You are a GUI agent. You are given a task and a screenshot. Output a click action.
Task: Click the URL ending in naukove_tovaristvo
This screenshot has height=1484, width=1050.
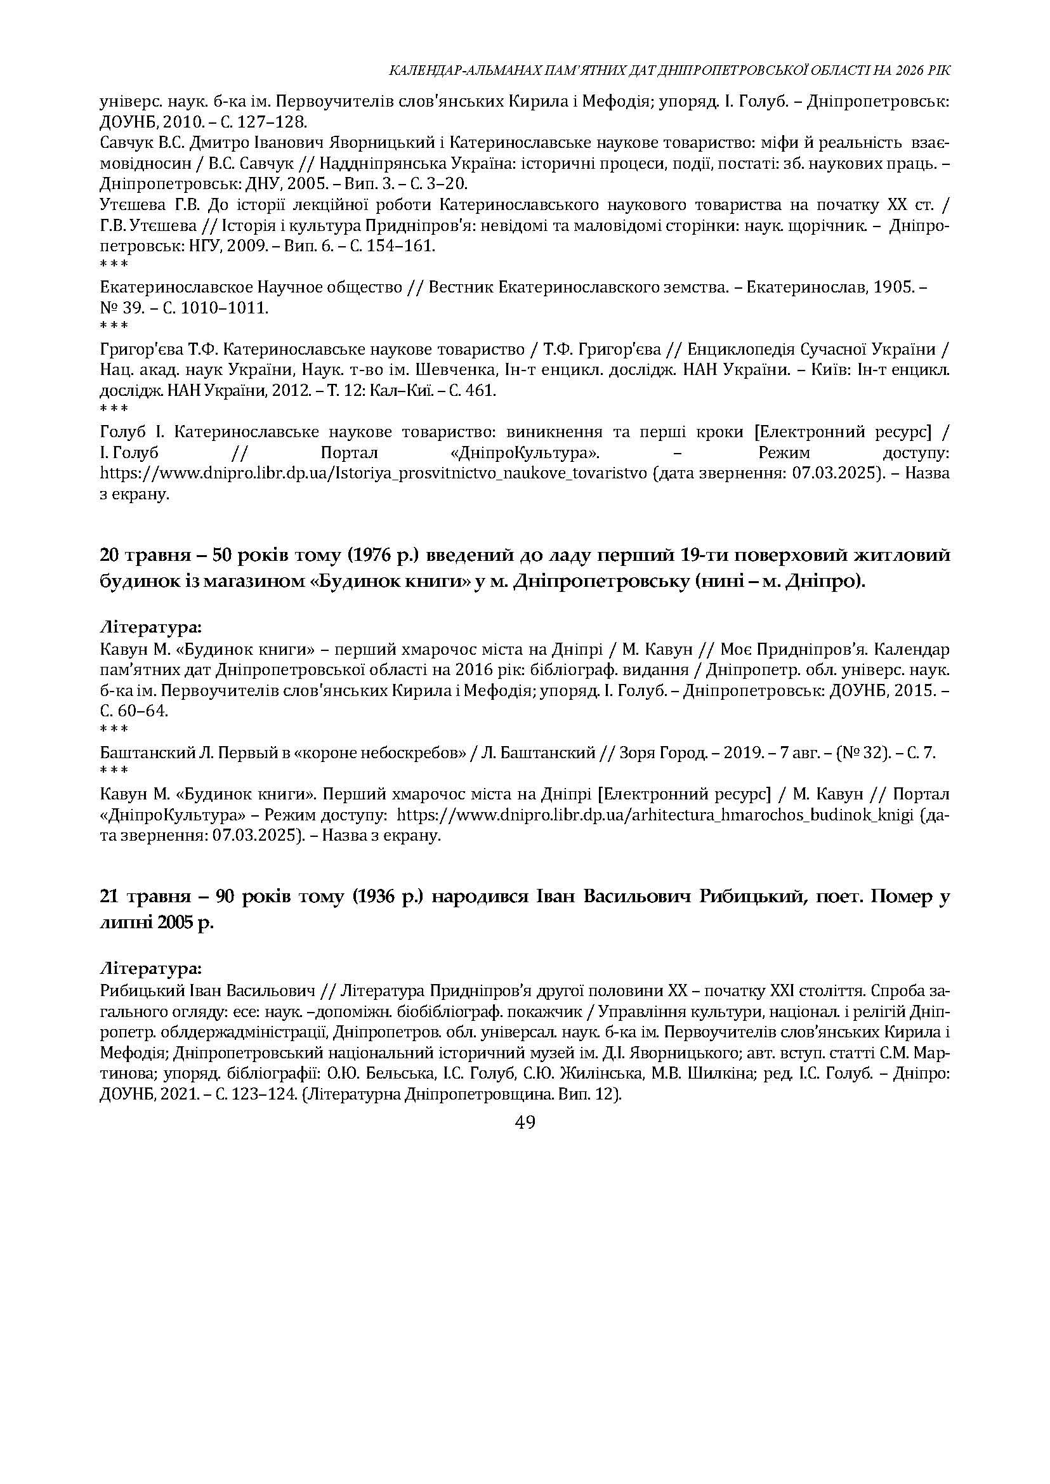(x=373, y=473)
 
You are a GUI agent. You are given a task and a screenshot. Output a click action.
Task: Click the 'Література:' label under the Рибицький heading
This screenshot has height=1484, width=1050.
(x=151, y=969)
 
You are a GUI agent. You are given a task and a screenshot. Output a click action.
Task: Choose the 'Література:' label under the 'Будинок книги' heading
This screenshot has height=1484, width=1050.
(x=151, y=627)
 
